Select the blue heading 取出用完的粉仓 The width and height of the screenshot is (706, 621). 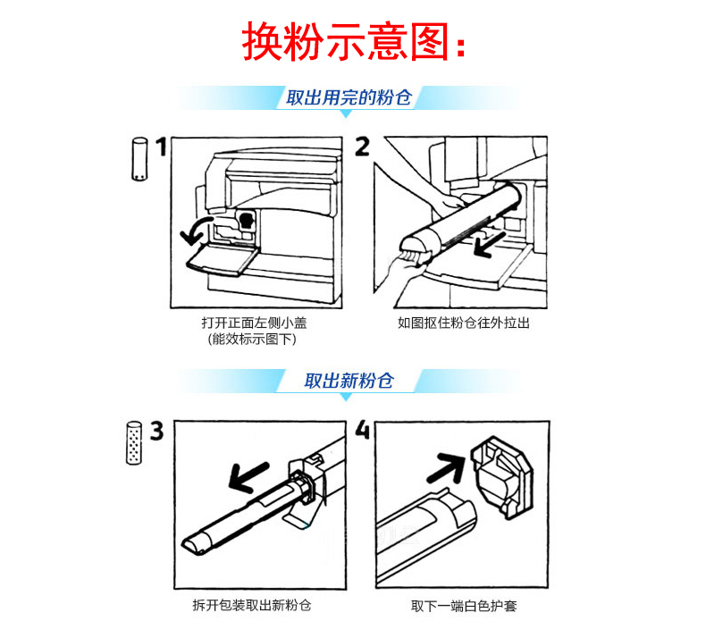click(349, 97)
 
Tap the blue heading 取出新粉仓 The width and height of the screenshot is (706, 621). click(349, 381)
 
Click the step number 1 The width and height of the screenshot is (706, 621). click(161, 147)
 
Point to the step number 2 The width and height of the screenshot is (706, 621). click(363, 147)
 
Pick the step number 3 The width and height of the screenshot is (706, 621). click(156, 431)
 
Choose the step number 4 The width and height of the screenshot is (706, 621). click(362, 429)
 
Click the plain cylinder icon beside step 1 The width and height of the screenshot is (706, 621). click(139, 159)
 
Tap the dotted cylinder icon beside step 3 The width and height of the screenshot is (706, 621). click(134, 442)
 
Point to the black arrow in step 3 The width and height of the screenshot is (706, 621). click(249, 477)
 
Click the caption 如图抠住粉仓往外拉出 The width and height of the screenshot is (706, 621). click(463, 323)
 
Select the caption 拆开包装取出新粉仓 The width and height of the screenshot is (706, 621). click(252, 605)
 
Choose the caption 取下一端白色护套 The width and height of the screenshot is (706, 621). click(464, 606)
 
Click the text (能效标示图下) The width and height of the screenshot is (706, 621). click(252, 339)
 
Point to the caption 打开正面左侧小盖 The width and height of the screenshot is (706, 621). click(254, 323)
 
